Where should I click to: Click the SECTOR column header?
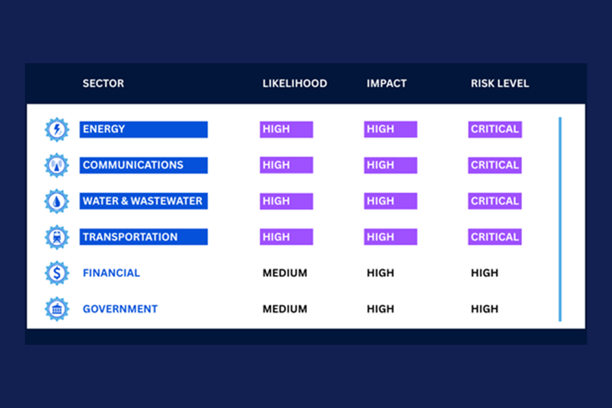pos(103,83)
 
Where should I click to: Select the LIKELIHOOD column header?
pos(295,83)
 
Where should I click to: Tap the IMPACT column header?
pos(387,83)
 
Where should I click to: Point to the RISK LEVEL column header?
pos(500,83)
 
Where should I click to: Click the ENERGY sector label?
pos(143,129)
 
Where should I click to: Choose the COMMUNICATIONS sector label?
pos(143,165)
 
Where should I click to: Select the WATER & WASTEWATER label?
pos(143,201)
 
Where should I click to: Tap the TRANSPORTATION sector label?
pos(143,237)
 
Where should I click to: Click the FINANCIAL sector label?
pos(111,273)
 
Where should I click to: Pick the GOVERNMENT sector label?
pos(120,309)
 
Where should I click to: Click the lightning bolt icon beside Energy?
pos(57,130)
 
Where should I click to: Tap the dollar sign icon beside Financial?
pos(57,273)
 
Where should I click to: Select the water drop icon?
pos(57,201)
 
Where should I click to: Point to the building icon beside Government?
pos(57,309)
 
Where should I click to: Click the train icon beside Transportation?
pos(57,237)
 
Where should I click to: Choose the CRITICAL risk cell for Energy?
pos(495,129)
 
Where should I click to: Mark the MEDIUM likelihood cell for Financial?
pos(285,273)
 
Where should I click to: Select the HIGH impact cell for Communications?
pos(391,165)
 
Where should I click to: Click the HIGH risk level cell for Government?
pos(484,309)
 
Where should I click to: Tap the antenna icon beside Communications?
pos(57,165)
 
